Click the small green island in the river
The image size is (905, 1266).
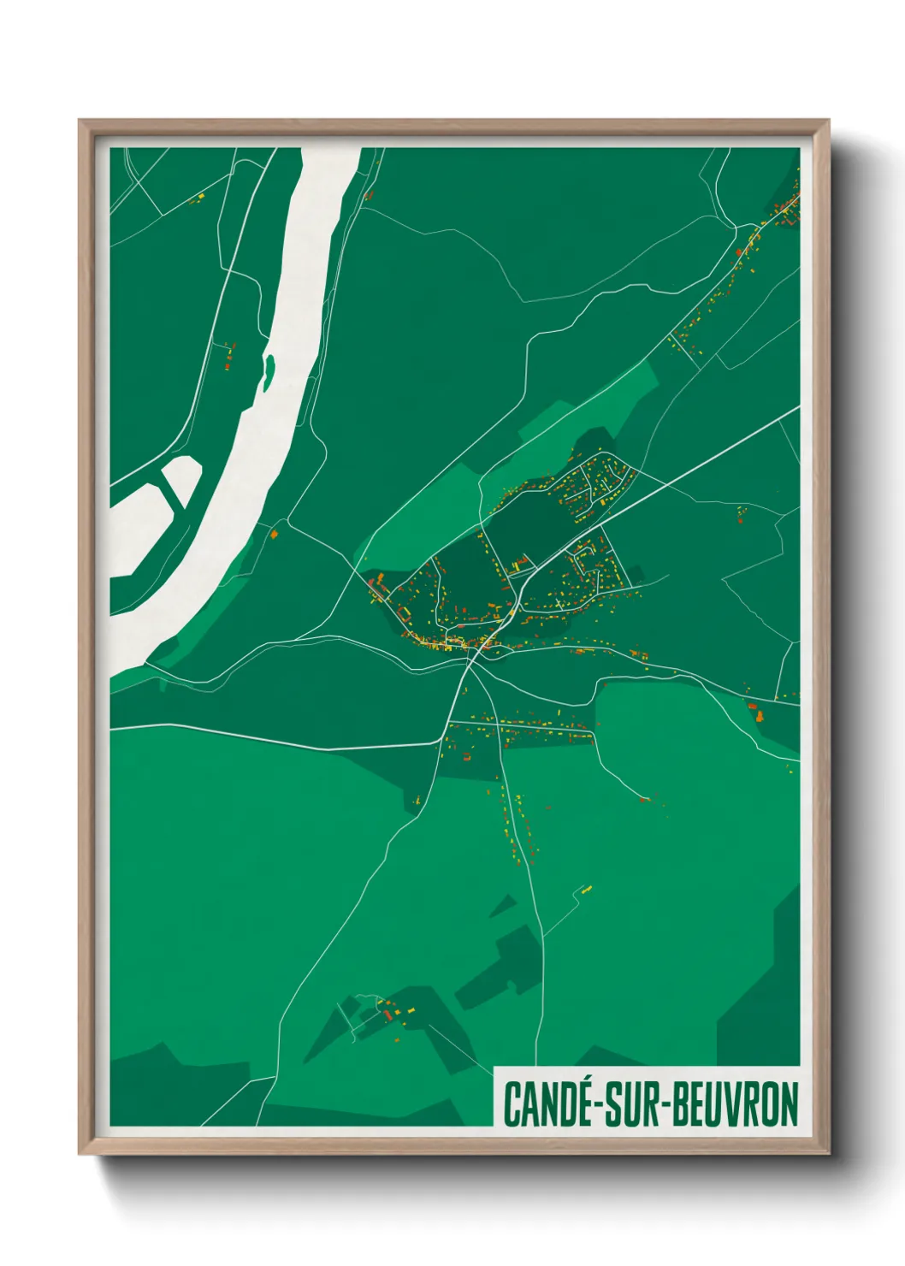click(x=269, y=371)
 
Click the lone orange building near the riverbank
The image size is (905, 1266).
click(x=275, y=534)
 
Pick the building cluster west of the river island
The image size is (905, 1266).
click(x=229, y=355)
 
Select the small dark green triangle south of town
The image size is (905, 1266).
click(x=504, y=906)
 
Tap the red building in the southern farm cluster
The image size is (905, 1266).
click(x=387, y=1015)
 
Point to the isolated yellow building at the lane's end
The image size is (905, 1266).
click(x=587, y=890)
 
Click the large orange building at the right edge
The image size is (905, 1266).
click(x=754, y=709)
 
